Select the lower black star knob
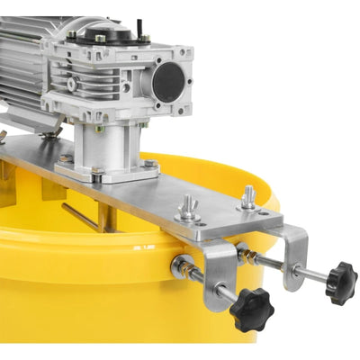tap(251, 310)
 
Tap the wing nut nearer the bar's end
tap(248, 197)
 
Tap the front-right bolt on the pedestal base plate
tap(149, 165)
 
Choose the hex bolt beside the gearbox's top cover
tap(142, 38)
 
